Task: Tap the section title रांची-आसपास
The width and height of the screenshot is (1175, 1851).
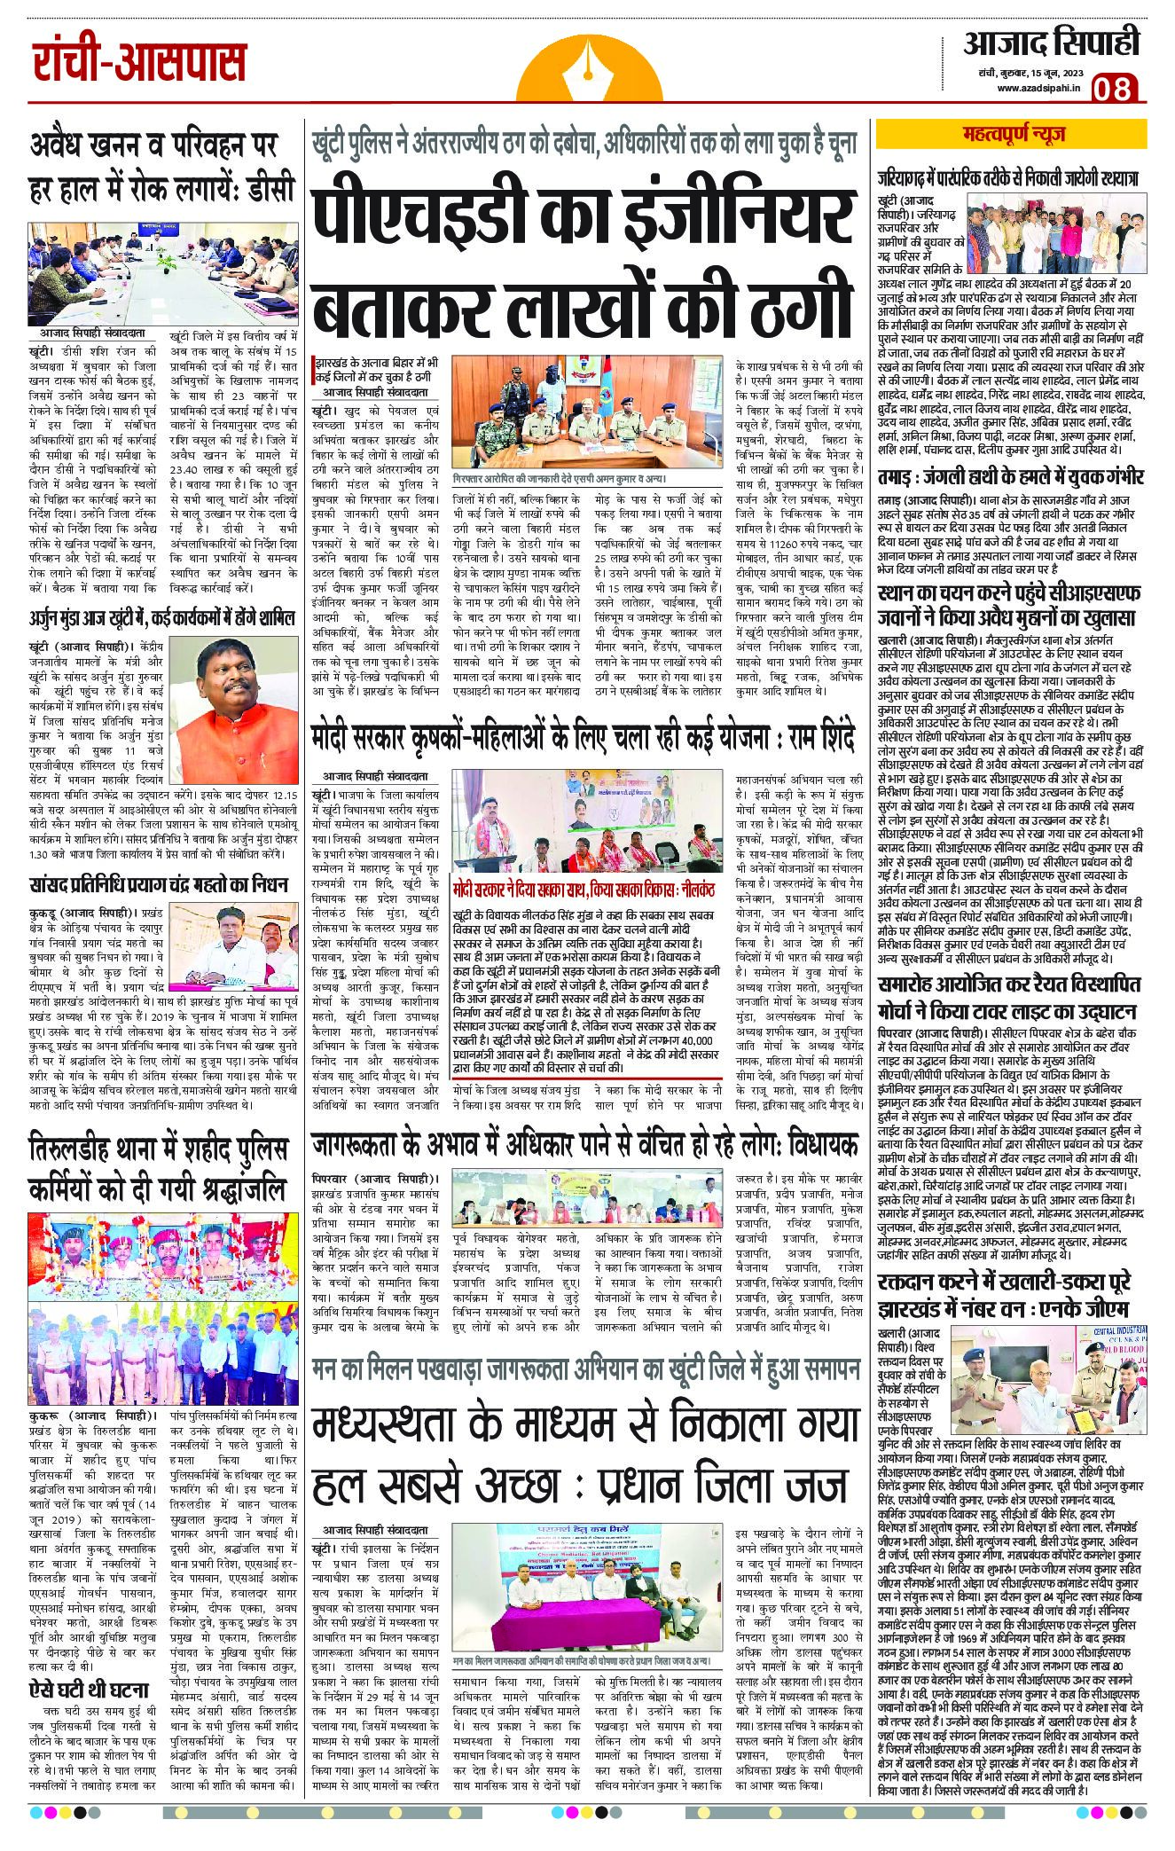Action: [139, 64]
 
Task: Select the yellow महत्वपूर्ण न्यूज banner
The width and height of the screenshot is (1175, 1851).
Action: [1014, 134]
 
